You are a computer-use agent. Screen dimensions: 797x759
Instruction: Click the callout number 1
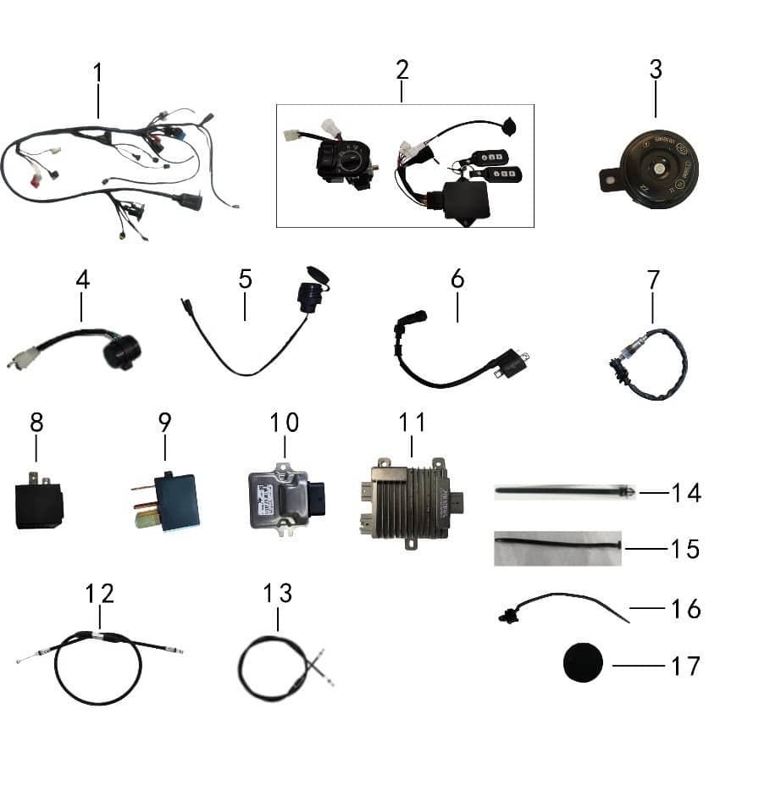point(98,73)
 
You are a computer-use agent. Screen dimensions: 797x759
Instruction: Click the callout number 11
point(413,421)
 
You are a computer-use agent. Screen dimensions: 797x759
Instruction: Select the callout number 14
point(684,492)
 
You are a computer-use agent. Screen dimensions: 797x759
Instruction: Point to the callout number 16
point(684,608)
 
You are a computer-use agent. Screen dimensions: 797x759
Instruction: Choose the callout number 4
point(81,279)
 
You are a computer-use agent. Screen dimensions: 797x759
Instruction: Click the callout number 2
point(402,70)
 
